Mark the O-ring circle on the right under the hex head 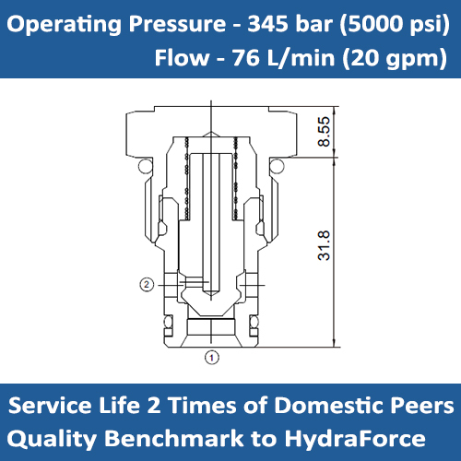(x=275, y=165)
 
